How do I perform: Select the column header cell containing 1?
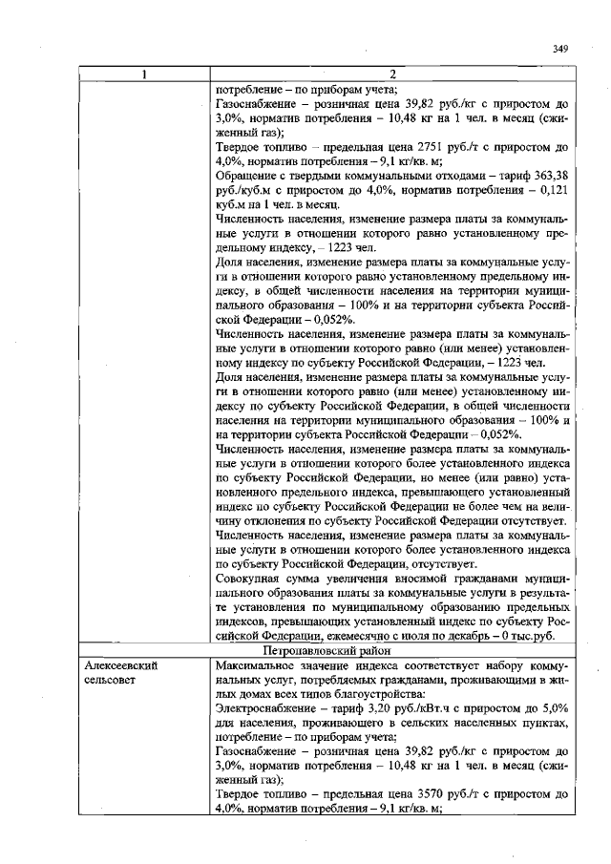coord(144,75)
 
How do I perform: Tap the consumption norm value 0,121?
coord(553,191)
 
